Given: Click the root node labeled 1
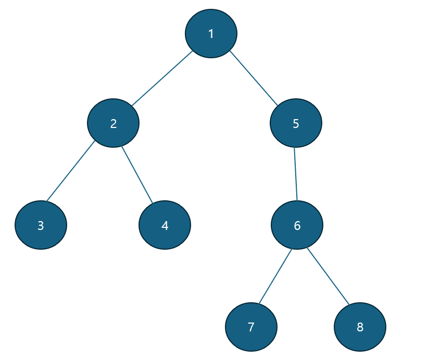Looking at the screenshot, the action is (211, 33).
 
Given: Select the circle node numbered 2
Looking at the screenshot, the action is (114, 123).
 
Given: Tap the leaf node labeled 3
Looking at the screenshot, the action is (41, 225).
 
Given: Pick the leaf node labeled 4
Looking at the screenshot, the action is (165, 225).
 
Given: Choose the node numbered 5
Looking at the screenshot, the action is (296, 123).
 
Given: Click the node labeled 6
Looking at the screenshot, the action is (297, 225).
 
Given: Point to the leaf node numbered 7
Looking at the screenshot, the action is (251, 327).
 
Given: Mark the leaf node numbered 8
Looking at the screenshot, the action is (360, 327).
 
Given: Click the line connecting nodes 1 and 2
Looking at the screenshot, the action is (162, 78).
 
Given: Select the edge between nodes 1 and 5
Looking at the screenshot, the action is (254, 78).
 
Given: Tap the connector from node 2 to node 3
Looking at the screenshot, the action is (71, 171).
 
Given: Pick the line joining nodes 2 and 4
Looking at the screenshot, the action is (137, 175).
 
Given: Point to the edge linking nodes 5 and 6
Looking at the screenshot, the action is (296, 174).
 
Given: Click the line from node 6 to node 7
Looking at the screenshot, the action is (275, 276).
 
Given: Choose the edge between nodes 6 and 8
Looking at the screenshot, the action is (328, 276).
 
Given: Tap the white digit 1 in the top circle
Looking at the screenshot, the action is (211, 34).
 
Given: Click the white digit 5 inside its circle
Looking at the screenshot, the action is (296, 123).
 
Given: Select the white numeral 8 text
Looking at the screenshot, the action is (360, 327).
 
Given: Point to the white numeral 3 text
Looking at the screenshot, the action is (41, 226).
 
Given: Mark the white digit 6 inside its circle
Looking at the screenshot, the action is (297, 226).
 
